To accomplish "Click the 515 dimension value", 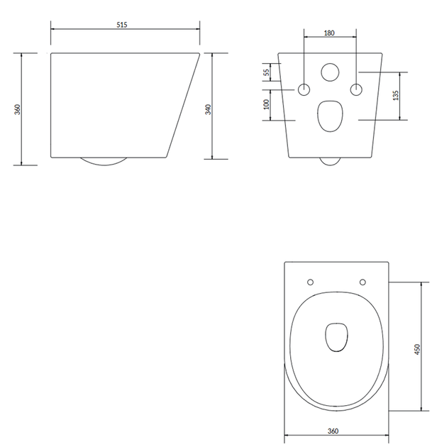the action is coord(122,25).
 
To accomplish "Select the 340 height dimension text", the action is coord(209,109).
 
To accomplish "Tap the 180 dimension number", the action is coord(329,33).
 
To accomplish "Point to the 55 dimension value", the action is coord(267,72).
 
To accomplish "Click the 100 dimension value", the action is coord(267,104).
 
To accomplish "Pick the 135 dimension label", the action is coord(396,95).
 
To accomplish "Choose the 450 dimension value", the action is coord(417,350).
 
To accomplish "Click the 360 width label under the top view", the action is coord(333,431).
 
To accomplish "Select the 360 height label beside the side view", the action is coord(18,109).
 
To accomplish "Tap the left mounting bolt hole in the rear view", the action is coord(304,90).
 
